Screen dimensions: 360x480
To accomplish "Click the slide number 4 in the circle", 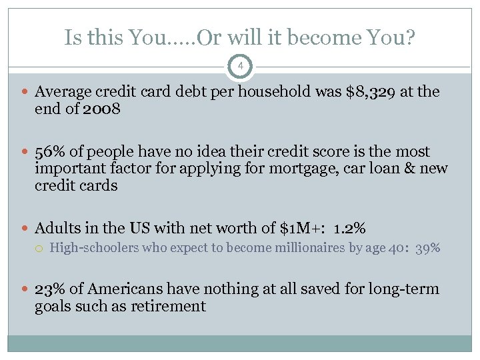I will point(240,67).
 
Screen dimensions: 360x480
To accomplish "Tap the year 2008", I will point(101,109).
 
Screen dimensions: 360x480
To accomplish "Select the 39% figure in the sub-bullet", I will point(427,249).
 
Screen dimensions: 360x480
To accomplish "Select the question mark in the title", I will point(409,37).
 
